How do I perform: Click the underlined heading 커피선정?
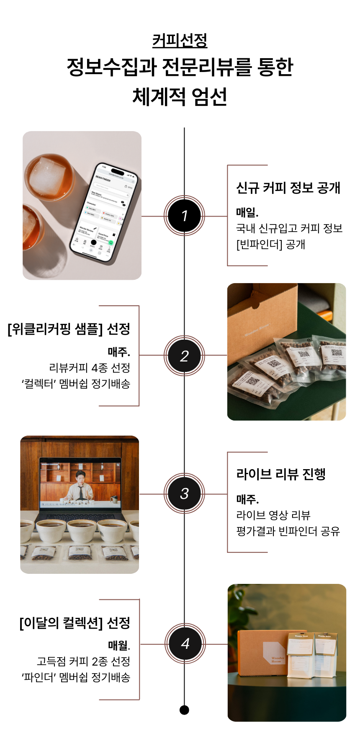[x=180, y=41]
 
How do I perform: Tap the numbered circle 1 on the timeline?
[x=184, y=216]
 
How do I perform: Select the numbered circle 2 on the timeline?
[x=184, y=356]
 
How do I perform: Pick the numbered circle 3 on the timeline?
[x=184, y=493]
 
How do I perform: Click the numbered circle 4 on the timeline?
[x=185, y=643]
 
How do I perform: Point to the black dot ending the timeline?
[x=184, y=710]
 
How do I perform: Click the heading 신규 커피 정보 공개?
[x=288, y=188]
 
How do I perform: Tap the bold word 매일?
[x=247, y=212]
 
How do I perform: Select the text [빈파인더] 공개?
[x=270, y=244]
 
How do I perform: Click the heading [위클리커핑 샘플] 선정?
[x=69, y=329]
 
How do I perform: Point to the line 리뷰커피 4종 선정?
[x=90, y=368]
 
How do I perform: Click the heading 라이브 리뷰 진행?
[x=281, y=474]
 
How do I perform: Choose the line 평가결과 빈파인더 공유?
[x=288, y=531]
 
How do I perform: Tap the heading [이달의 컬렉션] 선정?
[x=75, y=623]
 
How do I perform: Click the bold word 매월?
[x=119, y=645]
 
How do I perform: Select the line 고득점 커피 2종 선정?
[x=83, y=661]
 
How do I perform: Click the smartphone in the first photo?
[x=104, y=214]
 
